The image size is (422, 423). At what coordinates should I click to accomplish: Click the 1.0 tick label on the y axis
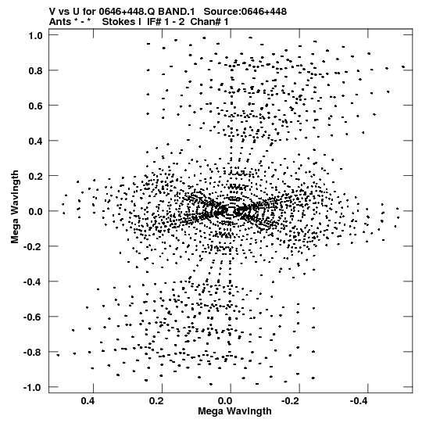click(x=35, y=35)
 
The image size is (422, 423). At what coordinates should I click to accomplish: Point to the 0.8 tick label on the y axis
click(x=35, y=70)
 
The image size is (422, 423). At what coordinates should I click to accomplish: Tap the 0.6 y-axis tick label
click(x=35, y=106)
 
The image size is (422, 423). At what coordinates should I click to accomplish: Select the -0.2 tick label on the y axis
click(x=33, y=246)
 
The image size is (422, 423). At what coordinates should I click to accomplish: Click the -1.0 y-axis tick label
click(x=33, y=388)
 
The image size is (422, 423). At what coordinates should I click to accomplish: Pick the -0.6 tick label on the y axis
click(x=33, y=317)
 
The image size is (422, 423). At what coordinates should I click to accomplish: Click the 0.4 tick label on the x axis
click(x=88, y=401)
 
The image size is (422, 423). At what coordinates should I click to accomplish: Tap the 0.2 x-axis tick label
click(x=156, y=401)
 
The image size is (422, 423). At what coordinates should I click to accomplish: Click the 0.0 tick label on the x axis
click(x=225, y=401)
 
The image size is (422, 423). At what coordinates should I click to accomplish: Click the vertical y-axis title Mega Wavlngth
click(x=15, y=207)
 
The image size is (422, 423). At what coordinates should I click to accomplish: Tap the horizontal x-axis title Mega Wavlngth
click(x=234, y=411)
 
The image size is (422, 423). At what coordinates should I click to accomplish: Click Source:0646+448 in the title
click(x=245, y=12)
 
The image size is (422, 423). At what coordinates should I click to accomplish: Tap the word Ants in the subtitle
click(x=60, y=22)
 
